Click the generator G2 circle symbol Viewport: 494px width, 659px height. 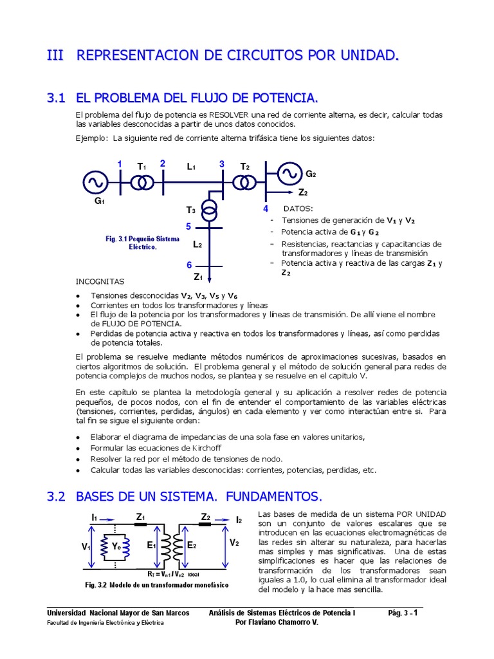289,172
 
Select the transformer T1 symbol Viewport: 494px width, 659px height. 142,183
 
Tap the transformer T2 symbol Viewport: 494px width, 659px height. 244,183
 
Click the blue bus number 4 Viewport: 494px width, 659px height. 266,209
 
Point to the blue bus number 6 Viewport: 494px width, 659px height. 189,265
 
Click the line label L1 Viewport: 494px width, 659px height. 191,167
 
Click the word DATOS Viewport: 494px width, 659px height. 298,209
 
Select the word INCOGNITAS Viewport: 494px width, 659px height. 100,282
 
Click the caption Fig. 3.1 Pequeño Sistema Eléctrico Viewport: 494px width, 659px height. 143,243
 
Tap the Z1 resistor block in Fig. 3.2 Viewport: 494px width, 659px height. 140,525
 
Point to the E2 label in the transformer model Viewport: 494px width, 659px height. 191,546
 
